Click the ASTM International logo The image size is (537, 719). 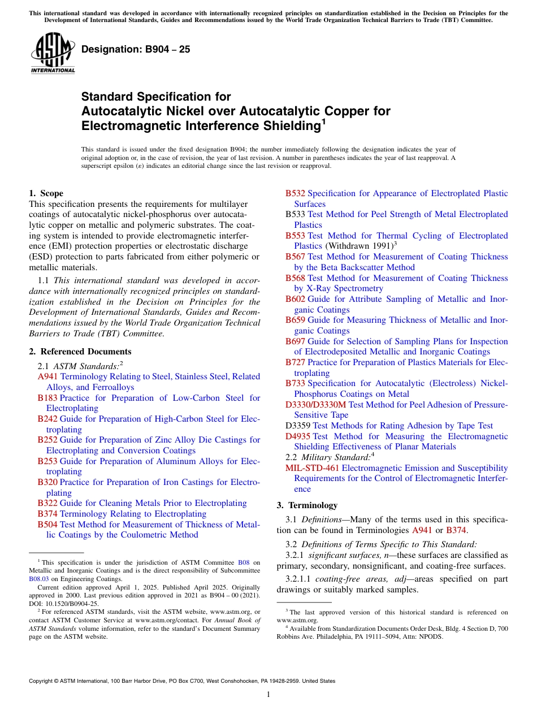(53, 53)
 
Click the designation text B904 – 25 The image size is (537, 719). (136, 49)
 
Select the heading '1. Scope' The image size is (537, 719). (46, 193)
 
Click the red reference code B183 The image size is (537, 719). (47, 398)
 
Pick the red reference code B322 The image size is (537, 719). (47, 503)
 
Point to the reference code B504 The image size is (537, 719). (47, 525)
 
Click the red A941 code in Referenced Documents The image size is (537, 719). (48, 376)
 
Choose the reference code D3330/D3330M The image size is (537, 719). (315, 405)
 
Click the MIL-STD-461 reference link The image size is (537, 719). (312, 468)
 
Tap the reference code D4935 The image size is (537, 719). (298, 436)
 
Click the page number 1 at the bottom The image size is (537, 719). (268, 694)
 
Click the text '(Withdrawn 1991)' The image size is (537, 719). (358, 246)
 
